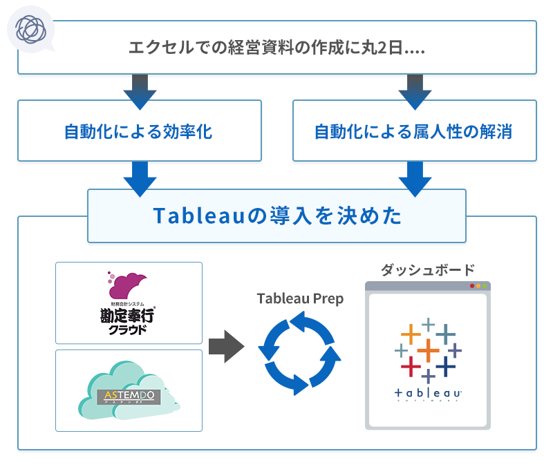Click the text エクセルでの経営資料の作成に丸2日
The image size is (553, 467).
pyautogui.click(x=276, y=49)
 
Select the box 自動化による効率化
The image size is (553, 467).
pyautogui.click(x=139, y=131)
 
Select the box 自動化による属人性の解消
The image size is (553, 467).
pyautogui.click(x=414, y=131)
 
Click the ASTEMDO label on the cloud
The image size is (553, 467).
pyautogui.click(x=129, y=397)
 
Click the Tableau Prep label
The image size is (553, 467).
pyautogui.click(x=300, y=298)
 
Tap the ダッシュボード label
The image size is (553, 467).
pyautogui.click(x=427, y=269)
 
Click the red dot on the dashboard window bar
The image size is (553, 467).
pyautogui.click(x=472, y=286)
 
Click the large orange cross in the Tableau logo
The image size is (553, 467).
pyautogui.click(x=428, y=352)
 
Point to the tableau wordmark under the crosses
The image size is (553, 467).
pyautogui.click(x=427, y=394)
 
